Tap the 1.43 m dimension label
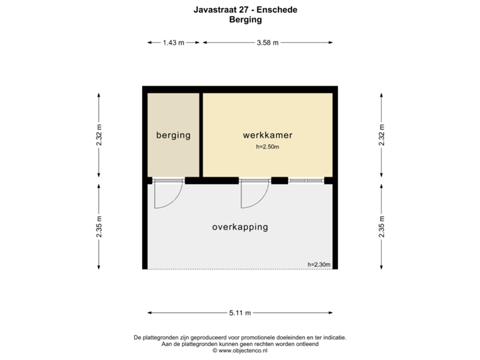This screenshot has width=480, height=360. coord(173,43)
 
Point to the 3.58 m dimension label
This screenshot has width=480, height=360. coord(268,43)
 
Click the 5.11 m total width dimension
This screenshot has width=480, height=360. coord(240,312)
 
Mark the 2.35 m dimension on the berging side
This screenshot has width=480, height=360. coord(99,226)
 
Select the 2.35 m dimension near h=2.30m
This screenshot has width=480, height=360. coord(381,226)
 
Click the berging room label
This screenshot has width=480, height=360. coord(173,135)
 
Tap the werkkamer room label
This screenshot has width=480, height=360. coord(267,135)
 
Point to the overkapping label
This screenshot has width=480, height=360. coord(240,227)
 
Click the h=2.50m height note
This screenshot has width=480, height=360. coord(267,147)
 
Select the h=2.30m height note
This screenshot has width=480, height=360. coord(319,265)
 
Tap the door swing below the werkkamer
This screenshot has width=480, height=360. coord(254,194)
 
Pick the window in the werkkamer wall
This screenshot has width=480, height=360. coord(306,180)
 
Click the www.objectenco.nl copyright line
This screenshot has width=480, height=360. coord(240,350)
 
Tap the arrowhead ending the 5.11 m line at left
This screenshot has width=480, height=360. coord(150,312)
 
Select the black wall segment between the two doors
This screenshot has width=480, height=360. coord(211,180)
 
